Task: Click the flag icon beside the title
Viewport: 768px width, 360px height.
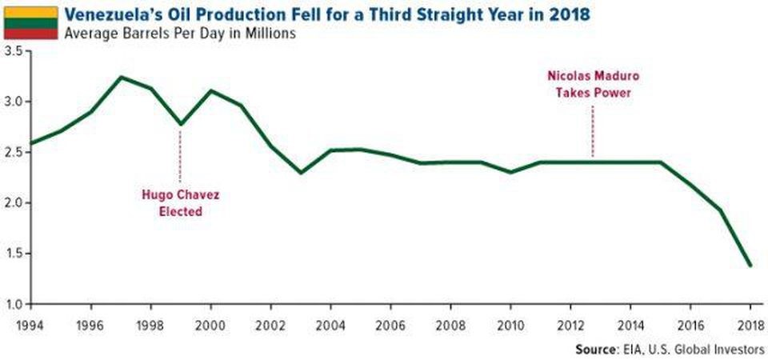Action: [30, 23]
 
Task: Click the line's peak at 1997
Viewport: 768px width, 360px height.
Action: [120, 77]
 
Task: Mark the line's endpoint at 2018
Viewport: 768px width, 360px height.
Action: [750, 266]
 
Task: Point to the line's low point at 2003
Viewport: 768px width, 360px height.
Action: [300, 173]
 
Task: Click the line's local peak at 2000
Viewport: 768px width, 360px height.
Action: [210, 90]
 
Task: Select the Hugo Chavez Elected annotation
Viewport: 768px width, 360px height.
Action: [181, 204]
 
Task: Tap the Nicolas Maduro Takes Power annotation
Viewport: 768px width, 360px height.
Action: [593, 83]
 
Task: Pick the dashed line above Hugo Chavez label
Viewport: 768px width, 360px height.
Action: [181, 156]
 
